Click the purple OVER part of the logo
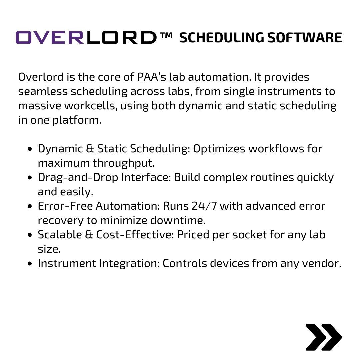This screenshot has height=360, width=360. coord(50,38)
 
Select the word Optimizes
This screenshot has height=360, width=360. coord(219,149)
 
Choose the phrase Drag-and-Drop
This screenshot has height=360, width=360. coord(78,177)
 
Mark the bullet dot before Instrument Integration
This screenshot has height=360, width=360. coord(30,264)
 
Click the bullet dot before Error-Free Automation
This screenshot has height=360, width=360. coord(30,206)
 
